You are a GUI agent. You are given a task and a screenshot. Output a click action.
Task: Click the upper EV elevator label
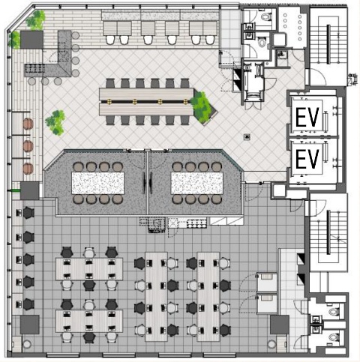[x=307, y=117]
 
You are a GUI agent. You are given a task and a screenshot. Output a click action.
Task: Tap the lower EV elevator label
[x=307, y=159]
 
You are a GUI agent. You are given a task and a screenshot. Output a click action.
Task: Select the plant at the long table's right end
[x=202, y=108]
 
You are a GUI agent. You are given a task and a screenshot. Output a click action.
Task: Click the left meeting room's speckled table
[x=97, y=183]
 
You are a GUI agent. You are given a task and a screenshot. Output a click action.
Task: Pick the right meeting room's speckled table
[x=196, y=183]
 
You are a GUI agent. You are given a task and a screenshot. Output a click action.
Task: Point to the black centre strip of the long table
[x=146, y=102]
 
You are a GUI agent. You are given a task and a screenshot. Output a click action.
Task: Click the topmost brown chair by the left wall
[x=28, y=124]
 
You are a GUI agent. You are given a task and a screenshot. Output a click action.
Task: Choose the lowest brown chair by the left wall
[x=28, y=169]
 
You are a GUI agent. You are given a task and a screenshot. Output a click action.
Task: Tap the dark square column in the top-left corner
[x=31, y=40]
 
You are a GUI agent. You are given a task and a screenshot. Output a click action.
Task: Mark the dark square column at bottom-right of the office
[x=280, y=325]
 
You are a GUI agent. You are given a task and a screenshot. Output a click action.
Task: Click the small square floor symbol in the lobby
[x=247, y=136]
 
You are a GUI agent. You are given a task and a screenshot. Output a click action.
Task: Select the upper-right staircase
[x=328, y=45]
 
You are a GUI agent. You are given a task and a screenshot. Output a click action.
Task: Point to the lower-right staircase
[x=328, y=233]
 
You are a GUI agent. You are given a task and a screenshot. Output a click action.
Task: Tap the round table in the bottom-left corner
[x=27, y=344]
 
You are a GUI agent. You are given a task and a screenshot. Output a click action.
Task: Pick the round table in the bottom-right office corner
[x=271, y=344]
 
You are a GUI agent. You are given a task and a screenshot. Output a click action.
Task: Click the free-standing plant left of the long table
[x=55, y=122]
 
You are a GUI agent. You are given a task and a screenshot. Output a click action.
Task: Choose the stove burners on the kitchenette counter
[x=196, y=223]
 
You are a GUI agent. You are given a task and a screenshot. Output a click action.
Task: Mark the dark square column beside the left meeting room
[x=30, y=190]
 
